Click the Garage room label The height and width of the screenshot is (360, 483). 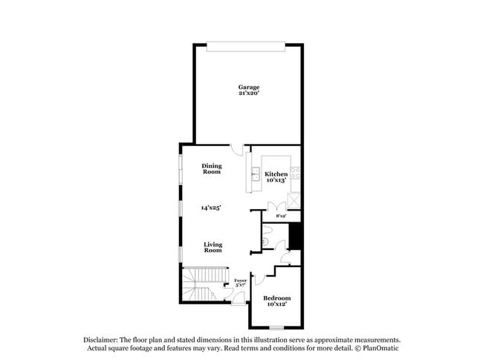(x=249, y=87)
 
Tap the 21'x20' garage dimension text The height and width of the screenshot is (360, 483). (x=249, y=94)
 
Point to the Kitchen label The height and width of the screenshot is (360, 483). (x=276, y=174)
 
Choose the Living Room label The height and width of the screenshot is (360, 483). (x=213, y=247)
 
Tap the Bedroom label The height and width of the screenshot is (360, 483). (x=276, y=298)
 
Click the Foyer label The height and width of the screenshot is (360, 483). (x=241, y=280)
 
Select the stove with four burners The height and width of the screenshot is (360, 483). (x=295, y=176)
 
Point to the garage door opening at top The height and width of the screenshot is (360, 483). (x=246, y=47)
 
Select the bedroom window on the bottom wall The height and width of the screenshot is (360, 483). (x=276, y=327)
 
